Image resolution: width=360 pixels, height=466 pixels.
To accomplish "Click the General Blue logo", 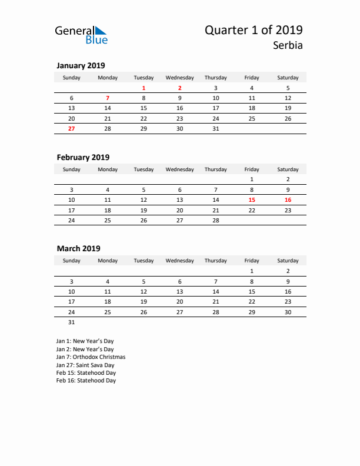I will point(81,35).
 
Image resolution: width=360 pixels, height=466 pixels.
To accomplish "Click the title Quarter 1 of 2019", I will point(254,31).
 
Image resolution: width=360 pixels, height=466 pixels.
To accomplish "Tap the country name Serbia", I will point(288,45).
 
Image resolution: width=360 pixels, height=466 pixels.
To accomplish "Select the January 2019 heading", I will point(81,65).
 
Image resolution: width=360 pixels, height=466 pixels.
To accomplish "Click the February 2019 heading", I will point(83,157).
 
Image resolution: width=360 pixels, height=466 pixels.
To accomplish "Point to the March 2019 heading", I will point(78,248).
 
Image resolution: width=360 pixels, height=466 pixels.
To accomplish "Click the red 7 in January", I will point(108,98).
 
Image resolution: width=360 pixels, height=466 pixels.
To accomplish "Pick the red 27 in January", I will point(72,128).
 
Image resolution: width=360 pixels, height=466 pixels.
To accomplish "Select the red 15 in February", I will point(252,200).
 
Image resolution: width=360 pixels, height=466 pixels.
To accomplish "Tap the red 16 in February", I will point(288,200).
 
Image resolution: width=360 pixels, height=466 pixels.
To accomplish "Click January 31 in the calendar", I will point(216,128).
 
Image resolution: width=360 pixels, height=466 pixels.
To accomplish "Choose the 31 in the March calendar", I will point(72,322).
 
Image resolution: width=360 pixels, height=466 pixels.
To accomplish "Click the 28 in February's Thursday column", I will point(216,220).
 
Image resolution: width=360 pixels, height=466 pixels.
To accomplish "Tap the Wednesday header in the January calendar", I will point(179,78).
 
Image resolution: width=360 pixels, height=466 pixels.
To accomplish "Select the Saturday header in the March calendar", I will point(288,261).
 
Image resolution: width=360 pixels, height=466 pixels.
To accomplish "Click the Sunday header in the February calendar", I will point(72,169).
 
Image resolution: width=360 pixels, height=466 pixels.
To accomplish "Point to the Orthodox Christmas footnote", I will point(91,357).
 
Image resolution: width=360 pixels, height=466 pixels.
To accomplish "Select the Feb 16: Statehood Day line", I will point(86,381).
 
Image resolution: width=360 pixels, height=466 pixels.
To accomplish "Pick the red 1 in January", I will point(144,88).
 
